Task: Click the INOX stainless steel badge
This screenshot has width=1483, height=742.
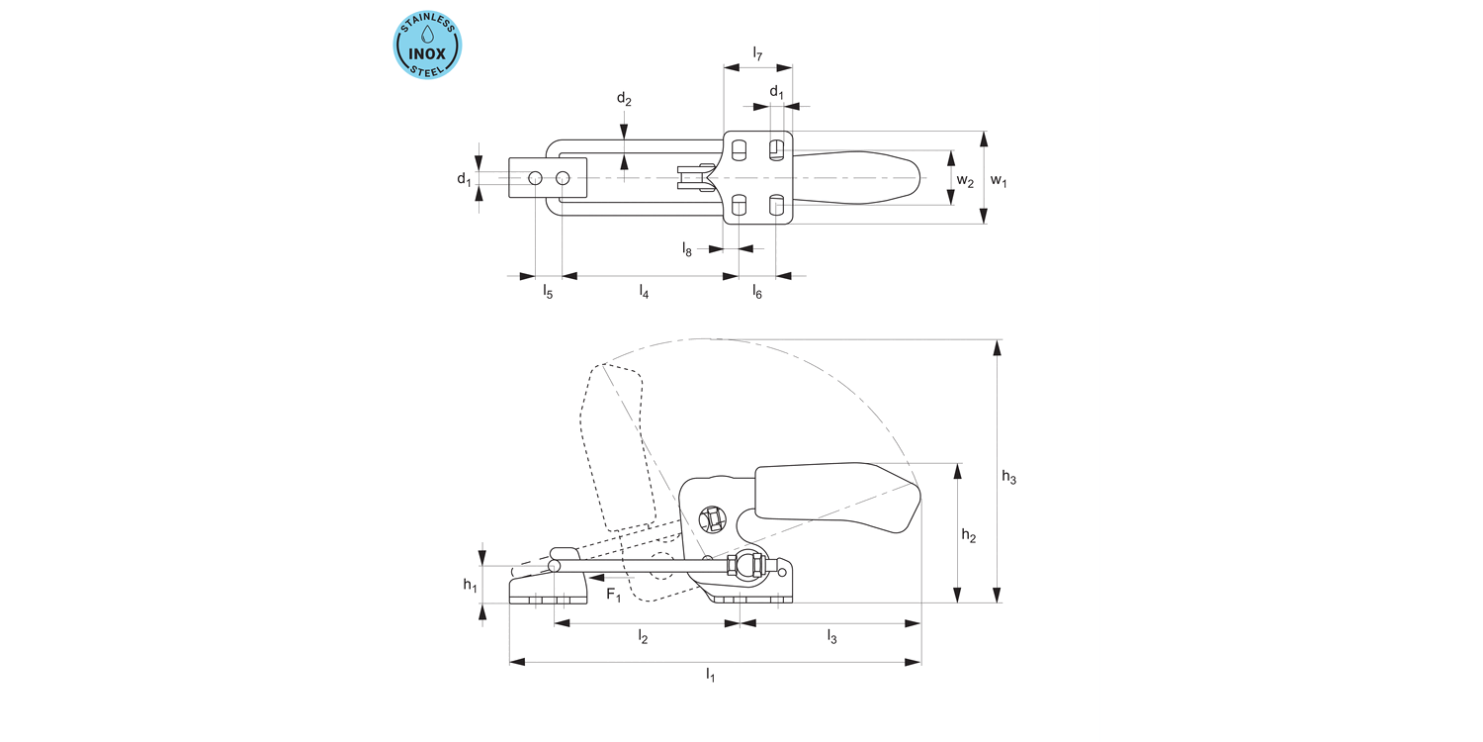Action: pos(428,46)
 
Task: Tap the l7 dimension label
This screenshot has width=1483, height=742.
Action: pos(757,53)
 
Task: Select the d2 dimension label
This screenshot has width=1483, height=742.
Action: pos(624,98)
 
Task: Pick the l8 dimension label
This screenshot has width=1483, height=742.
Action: pos(687,249)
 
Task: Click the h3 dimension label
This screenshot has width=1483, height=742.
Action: pos(1008,477)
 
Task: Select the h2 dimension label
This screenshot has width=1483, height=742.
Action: pos(969,536)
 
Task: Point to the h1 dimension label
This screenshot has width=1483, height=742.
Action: pos(471,585)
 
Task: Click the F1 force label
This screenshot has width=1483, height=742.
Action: pos(614,595)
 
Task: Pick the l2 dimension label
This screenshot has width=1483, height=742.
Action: pos(643,638)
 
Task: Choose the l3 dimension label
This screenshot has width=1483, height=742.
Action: pos(831,638)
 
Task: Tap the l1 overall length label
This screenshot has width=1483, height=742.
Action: pos(710,675)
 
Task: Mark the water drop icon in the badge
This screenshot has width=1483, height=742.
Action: pos(428,34)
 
